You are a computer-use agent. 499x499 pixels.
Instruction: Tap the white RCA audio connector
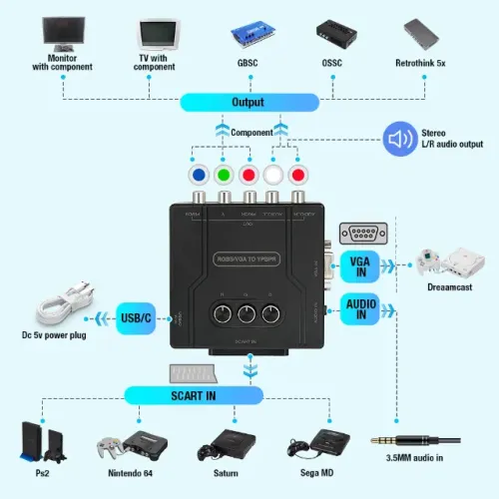point(270,176)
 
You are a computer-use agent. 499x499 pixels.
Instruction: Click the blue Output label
point(249,103)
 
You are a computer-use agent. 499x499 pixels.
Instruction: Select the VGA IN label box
point(360,266)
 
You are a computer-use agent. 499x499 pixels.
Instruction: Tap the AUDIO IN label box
point(360,308)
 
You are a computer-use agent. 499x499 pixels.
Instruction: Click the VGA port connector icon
point(363,234)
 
